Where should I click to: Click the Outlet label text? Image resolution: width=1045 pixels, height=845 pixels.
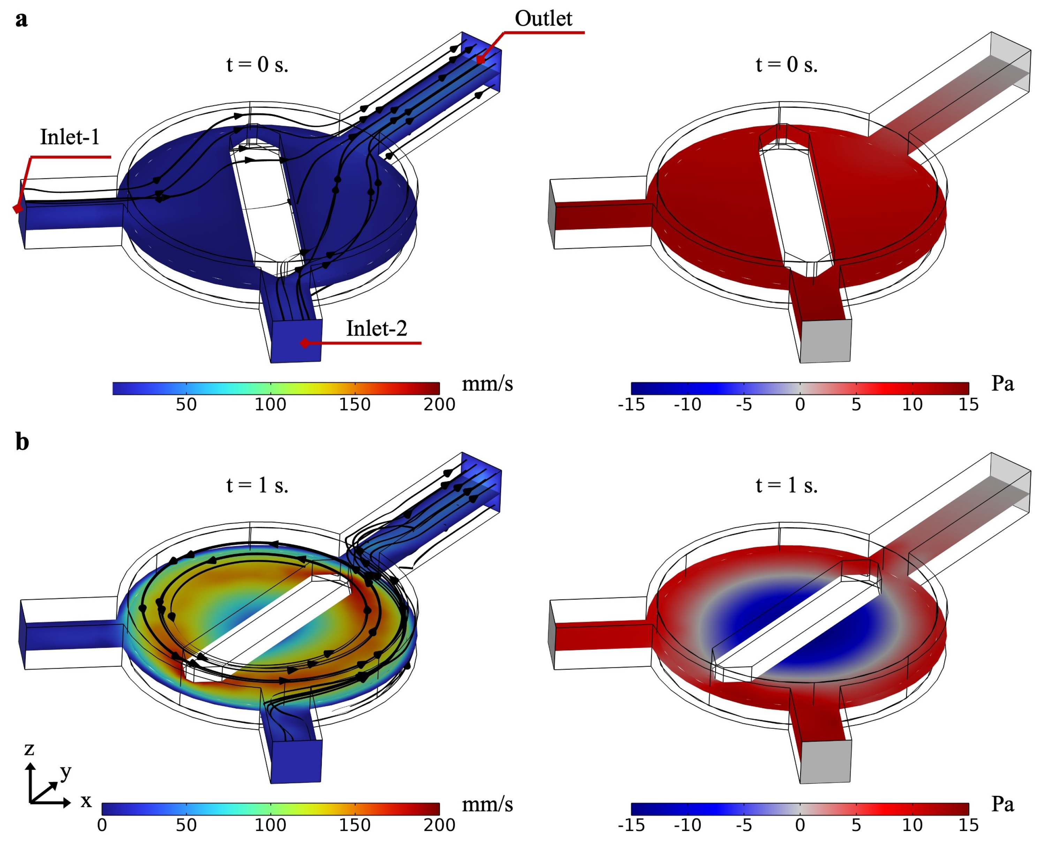543,18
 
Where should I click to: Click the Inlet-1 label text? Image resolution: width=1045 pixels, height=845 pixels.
70,137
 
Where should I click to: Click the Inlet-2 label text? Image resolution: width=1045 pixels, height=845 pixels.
376,329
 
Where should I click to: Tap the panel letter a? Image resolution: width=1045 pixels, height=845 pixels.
21,20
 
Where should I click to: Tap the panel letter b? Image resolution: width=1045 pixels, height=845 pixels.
22,442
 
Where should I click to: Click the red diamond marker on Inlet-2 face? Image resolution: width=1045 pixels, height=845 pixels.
304,343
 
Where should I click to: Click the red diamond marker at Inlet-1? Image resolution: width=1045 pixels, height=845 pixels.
17,209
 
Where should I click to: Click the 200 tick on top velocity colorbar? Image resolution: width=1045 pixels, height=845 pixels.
439,404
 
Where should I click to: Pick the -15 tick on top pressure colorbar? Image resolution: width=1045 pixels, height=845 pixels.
631,404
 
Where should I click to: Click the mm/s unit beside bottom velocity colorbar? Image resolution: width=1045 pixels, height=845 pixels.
487,805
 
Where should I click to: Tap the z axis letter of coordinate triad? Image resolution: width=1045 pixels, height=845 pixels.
29,749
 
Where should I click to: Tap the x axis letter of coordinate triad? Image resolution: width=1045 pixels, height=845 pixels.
86,801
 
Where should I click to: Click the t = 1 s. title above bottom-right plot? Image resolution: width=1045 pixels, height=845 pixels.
786,485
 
